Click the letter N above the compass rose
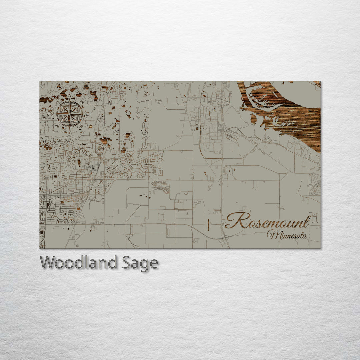click(70, 96)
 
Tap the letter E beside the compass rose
click(87, 114)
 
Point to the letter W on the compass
click(52, 114)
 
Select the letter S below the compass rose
click(70, 132)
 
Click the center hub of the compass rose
click(70, 114)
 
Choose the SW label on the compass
click(57, 126)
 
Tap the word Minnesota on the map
click(287, 235)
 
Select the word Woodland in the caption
click(78, 263)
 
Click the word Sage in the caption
click(140, 263)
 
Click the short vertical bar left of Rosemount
click(208, 225)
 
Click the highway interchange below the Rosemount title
click(225, 238)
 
